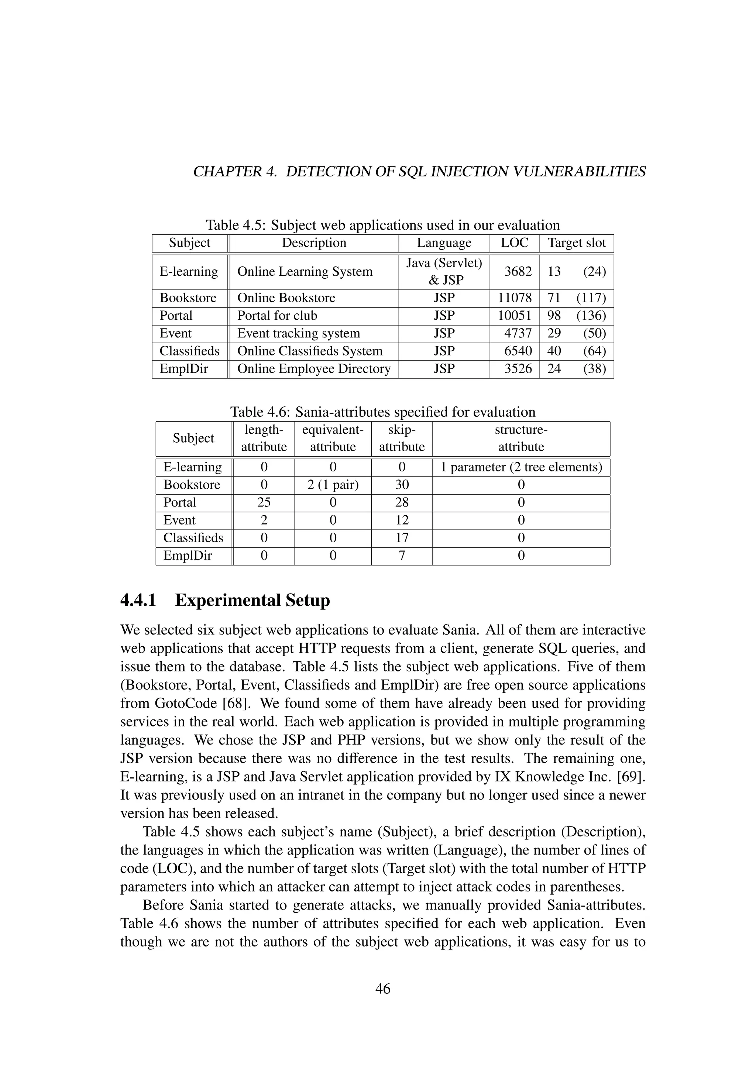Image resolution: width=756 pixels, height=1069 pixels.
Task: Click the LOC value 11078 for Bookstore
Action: [x=514, y=298]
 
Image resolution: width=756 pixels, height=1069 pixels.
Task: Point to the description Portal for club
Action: [x=277, y=316]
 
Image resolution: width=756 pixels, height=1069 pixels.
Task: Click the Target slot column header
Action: [x=576, y=243]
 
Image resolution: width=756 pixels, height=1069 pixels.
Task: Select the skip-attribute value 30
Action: [x=402, y=485]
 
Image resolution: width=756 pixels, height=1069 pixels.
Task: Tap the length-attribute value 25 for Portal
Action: [x=264, y=502]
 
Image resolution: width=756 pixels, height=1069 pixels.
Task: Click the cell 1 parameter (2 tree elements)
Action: [x=521, y=467]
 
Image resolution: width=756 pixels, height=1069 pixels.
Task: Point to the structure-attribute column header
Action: [x=521, y=438]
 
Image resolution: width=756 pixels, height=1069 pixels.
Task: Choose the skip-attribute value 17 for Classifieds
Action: [x=402, y=538]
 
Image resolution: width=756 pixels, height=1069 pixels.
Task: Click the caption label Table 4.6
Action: [x=260, y=412]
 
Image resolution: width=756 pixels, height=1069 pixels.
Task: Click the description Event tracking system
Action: [x=298, y=333]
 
